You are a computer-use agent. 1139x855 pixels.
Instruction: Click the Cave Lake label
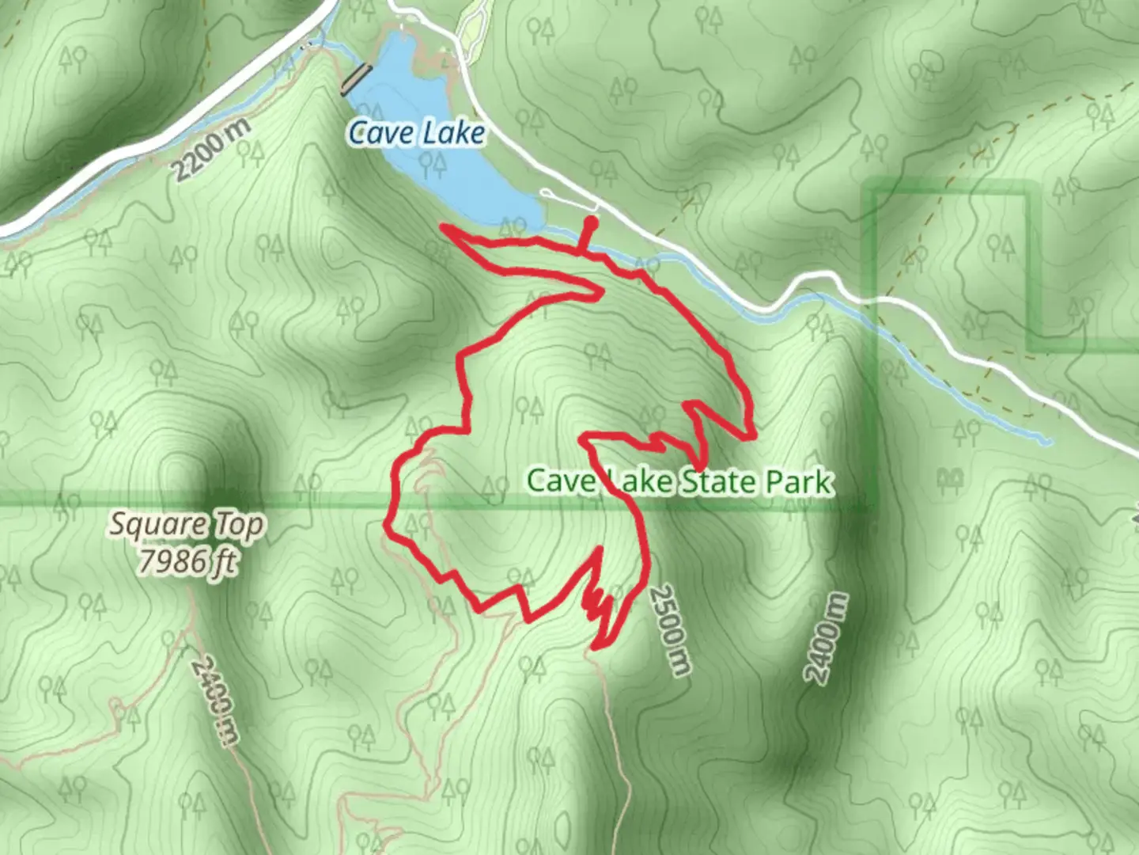tap(416, 133)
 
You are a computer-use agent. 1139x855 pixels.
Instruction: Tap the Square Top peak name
tap(187, 525)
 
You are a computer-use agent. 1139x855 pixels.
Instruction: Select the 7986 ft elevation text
tap(187, 561)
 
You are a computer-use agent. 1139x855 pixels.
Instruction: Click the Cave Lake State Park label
tap(679, 481)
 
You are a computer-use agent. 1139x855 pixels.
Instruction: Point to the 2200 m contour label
tap(211, 149)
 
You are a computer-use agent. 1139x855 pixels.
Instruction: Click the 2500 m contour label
tap(671, 630)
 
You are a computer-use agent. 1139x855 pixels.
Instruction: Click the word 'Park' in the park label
tap(796, 481)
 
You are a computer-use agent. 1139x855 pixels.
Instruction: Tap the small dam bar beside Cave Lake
tap(355, 79)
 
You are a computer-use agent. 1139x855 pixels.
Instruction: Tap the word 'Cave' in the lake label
tap(380, 133)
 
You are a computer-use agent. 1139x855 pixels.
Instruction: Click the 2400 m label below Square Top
tap(215, 701)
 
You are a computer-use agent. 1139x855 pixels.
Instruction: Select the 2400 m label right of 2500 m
tap(826, 638)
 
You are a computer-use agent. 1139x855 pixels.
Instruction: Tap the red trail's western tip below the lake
tap(445, 229)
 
